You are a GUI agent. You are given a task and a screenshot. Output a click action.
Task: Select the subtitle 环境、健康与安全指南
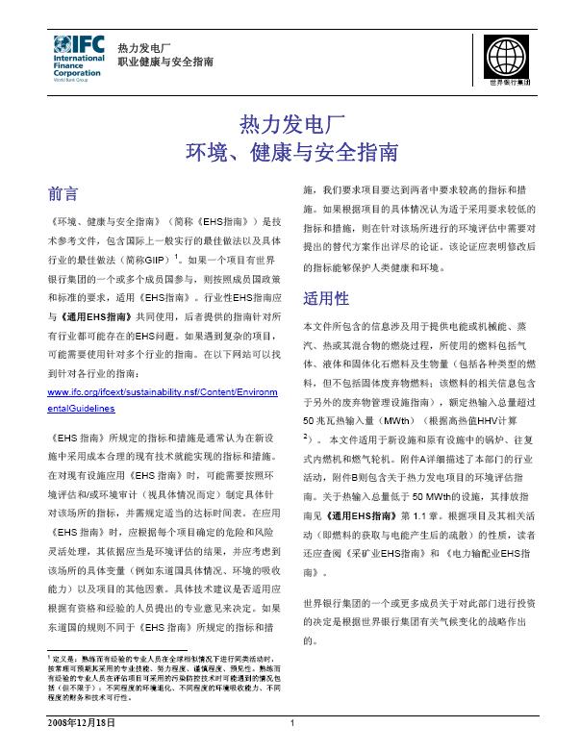tap(290, 151)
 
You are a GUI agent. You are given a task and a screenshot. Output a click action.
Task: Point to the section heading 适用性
tap(325, 295)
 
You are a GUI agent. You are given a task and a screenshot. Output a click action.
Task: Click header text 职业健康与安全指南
tap(164, 62)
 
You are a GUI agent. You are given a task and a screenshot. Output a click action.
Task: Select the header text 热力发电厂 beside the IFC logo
tap(143, 47)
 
